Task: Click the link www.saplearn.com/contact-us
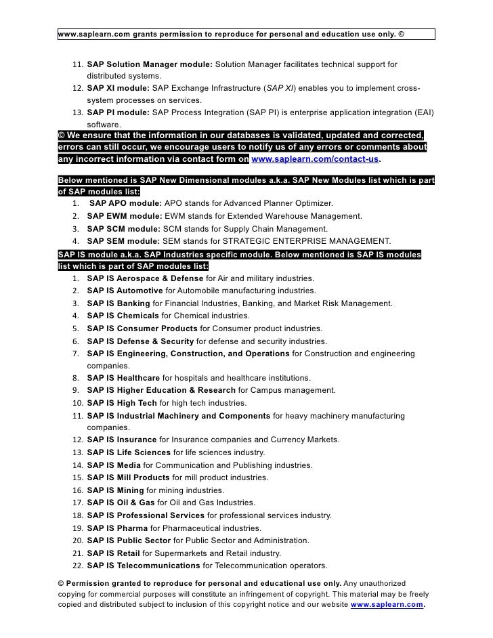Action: click(315, 160)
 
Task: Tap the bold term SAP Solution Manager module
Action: click(150, 64)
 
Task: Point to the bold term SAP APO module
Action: click(125, 204)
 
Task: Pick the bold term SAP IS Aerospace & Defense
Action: click(145, 279)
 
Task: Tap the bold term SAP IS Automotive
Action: click(125, 291)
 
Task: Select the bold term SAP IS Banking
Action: click(119, 303)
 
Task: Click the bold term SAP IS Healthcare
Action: click(123, 377)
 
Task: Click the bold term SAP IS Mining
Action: click(115, 490)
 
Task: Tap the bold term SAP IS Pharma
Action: click(117, 528)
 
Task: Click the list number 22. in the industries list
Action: click(76, 566)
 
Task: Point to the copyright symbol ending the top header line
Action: click(402, 34)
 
